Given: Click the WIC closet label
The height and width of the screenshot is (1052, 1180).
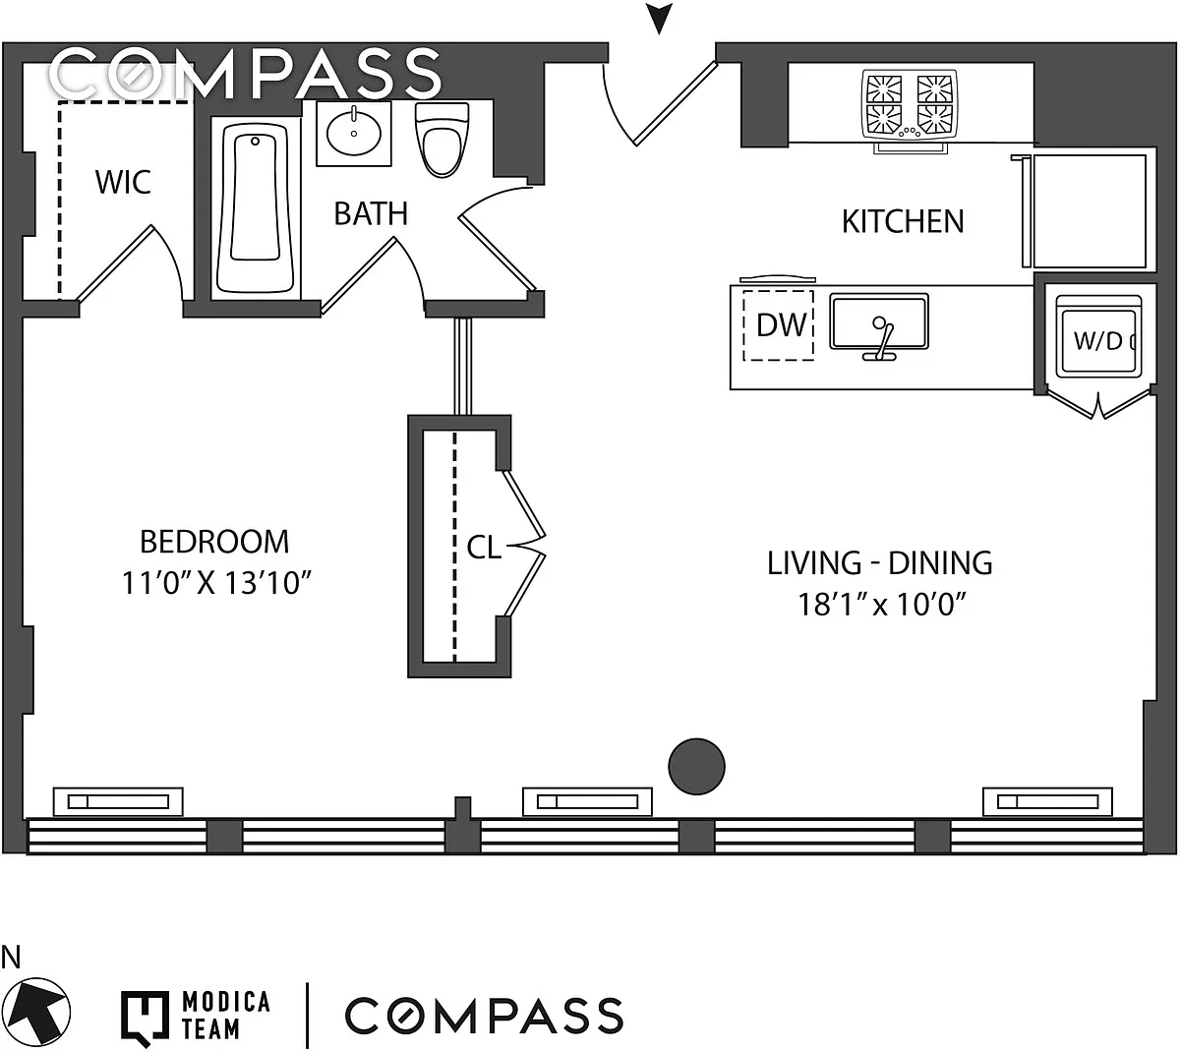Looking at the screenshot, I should point(123,182).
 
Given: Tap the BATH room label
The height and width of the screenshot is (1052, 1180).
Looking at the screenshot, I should point(371,213).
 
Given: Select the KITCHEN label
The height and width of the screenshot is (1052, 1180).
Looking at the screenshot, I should point(902,221).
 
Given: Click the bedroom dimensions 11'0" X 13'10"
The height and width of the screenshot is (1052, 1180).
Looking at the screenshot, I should point(216,583).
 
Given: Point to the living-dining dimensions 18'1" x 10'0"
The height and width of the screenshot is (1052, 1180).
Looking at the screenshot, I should point(879,603).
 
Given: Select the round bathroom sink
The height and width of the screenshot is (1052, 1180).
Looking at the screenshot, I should point(353,133).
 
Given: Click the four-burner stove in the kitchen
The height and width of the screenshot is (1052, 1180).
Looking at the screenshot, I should point(910,104).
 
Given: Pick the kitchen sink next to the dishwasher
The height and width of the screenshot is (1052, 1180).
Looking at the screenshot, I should point(880,322).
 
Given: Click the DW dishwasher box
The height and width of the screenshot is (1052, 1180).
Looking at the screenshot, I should point(779,324).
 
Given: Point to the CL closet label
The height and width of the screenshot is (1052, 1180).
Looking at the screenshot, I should point(483,548).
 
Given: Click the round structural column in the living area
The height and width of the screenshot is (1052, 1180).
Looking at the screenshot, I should point(696,765).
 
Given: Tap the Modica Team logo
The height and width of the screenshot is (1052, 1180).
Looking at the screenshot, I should point(196,1016).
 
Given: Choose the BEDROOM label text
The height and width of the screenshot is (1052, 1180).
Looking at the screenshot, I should point(214,542).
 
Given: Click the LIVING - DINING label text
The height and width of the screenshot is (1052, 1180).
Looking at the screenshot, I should point(879,563).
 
